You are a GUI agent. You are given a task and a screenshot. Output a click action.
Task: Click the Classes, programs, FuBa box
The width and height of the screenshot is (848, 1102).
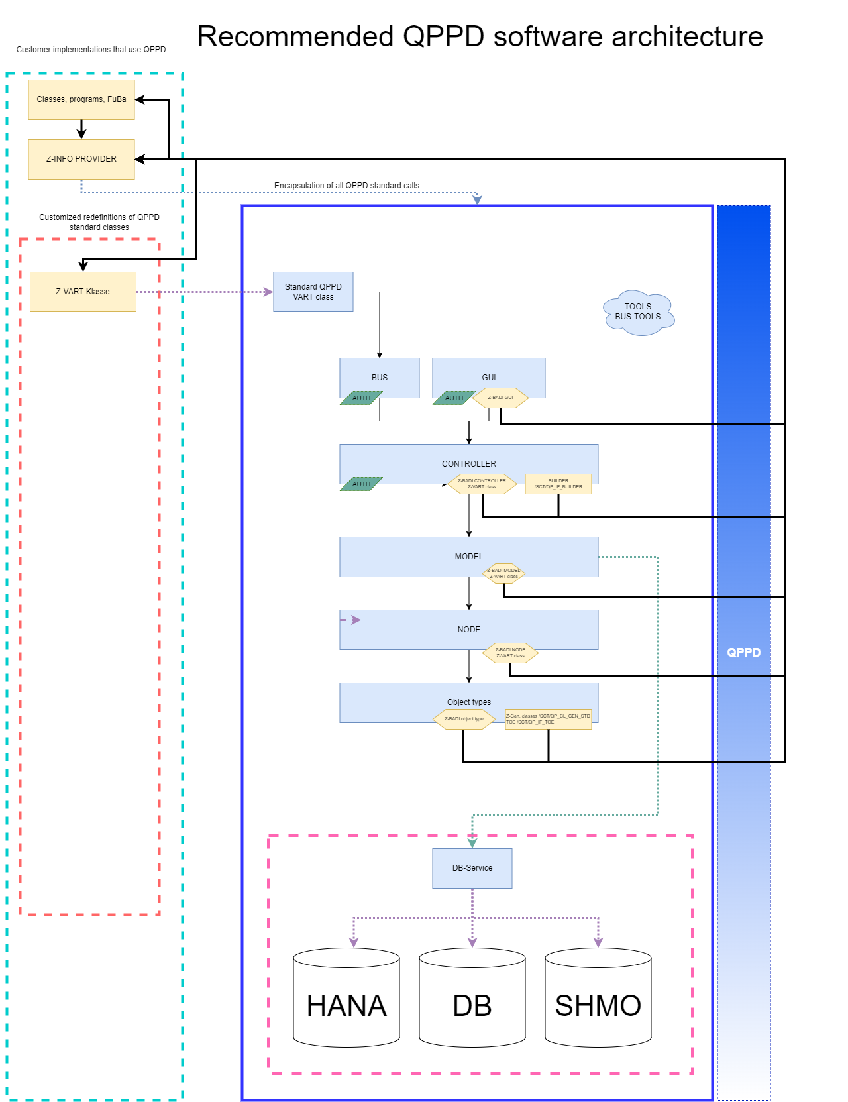pos(81,99)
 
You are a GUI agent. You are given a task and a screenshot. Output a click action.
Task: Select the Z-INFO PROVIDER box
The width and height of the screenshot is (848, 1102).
pos(81,159)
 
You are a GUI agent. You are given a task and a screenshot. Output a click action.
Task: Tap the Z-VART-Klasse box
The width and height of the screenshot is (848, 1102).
pos(83,292)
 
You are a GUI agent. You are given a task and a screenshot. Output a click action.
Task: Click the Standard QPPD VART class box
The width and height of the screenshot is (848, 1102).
pos(313,292)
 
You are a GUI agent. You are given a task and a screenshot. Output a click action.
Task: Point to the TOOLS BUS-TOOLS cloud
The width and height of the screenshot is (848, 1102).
pos(639,312)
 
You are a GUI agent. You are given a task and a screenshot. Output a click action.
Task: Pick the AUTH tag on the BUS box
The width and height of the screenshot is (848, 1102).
pos(361,398)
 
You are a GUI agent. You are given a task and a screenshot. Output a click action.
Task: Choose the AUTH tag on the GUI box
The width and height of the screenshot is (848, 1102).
pos(454,398)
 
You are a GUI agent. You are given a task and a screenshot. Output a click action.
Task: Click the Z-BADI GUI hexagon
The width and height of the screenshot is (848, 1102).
pos(500,398)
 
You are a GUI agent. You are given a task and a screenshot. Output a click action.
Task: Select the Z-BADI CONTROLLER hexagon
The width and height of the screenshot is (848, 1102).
pos(482,484)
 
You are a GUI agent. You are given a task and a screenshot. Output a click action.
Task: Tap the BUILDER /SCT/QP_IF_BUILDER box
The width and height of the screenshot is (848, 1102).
pos(558,484)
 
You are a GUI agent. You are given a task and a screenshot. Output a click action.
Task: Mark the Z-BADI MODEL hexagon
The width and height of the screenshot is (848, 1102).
pos(503,573)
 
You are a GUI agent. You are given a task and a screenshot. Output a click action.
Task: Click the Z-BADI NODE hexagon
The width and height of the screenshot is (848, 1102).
pos(510,653)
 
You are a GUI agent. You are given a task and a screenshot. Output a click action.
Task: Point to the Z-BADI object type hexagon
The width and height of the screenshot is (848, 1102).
pos(464,719)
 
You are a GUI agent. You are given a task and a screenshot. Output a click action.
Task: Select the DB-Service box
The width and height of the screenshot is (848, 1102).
pos(472,868)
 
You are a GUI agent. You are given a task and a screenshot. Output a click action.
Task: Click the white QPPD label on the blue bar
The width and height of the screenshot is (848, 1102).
pos(744,653)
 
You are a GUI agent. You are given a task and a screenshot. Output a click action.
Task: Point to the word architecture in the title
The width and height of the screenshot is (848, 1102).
pos(687,37)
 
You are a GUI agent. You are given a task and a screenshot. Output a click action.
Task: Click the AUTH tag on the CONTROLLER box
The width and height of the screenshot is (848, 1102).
pos(361,484)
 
